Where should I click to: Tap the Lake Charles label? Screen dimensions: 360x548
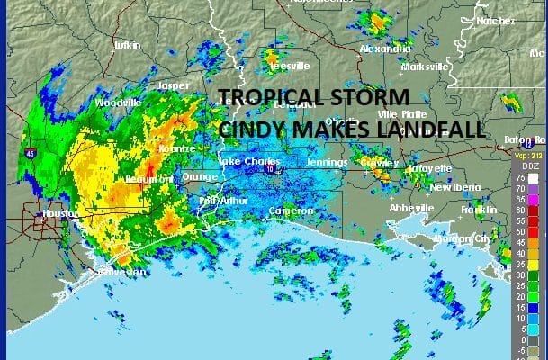point(243,162)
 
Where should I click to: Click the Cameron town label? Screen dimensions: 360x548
point(292,211)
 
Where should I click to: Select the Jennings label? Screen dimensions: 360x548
point(326,162)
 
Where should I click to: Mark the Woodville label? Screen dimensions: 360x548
point(118,103)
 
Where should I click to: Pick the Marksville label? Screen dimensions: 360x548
point(425,67)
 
